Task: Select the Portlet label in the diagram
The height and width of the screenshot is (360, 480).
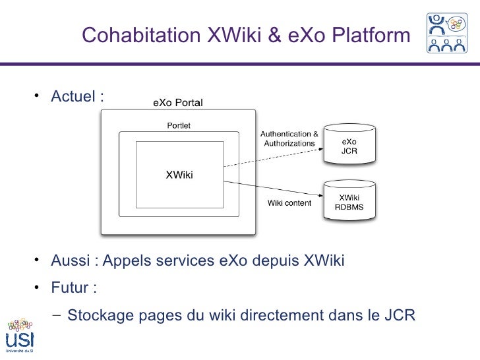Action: [178, 125]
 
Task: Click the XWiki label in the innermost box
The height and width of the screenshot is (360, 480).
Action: [179, 175]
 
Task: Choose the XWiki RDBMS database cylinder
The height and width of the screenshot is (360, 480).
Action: [349, 202]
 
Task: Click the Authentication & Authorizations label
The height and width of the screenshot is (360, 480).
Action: [290, 138]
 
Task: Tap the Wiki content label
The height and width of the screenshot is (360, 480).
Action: [289, 203]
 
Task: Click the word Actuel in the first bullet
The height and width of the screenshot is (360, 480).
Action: [73, 97]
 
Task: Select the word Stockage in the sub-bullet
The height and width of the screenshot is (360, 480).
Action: [100, 315]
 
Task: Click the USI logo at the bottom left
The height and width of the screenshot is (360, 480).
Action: [20, 336]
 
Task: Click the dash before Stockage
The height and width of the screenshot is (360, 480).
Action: [56, 315]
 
